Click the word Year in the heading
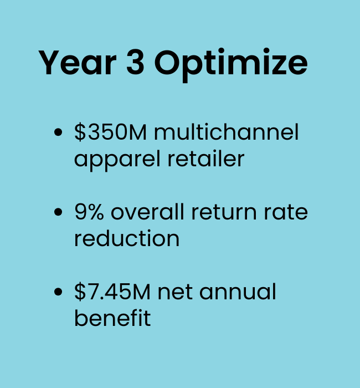click(77, 62)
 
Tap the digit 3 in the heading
click(135, 62)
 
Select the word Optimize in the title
click(231, 65)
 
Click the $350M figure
click(110, 132)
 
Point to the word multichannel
click(226, 132)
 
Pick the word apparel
click(117, 160)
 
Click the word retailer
click(206, 159)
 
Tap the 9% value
click(89, 212)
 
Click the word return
click(224, 212)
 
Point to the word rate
click(286, 212)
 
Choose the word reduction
click(127, 238)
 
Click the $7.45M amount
click(112, 292)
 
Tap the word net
click(175, 293)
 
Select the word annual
click(238, 292)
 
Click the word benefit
click(112, 318)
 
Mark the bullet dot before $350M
click(58, 132)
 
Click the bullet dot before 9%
click(58, 212)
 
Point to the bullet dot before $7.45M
click(58, 292)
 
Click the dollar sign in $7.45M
click(80, 292)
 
